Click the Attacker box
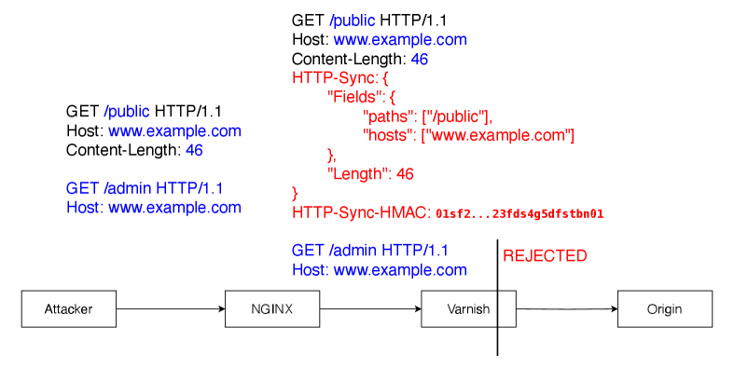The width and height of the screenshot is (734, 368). click(x=69, y=309)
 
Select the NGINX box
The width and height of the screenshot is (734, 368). click(x=272, y=309)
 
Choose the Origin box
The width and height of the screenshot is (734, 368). click(x=664, y=309)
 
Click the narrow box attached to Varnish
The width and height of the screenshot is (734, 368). click(x=506, y=309)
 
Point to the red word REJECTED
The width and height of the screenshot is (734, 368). click(x=545, y=256)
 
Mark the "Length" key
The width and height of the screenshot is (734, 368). click(x=357, y=174)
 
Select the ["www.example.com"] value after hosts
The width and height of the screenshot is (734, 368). click(x=498, y=136)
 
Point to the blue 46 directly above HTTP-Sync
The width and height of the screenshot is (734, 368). click(x=420, y=59)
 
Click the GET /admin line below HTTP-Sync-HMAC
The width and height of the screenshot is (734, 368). click(x=370, y=251)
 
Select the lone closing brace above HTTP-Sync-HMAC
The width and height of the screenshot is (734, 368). click(x=295, y=194)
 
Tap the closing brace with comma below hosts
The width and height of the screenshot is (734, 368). click(x=331, y=155)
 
